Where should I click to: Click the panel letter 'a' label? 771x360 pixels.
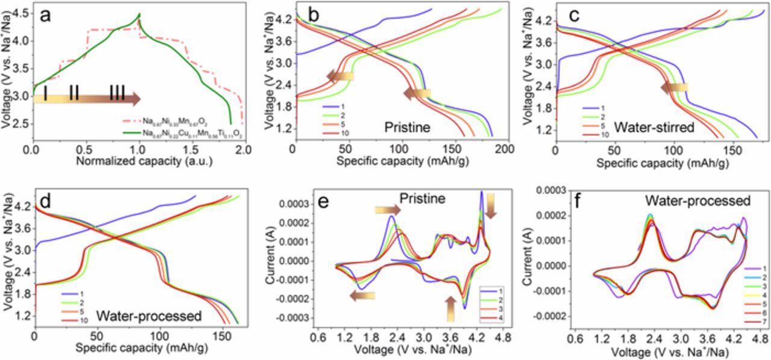pyautogui.click(x=46, y=16)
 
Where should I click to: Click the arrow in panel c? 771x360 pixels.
pyautogui.click(x=674, y=88)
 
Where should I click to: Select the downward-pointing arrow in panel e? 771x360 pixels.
pyautogui.click(x=490, y=205)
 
